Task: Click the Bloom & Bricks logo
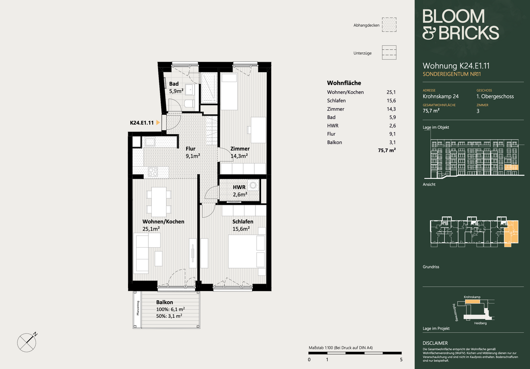click(x=460, y=24)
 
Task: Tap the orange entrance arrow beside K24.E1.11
click(x=158, y=123)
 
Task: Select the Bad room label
click(x=174, y=84)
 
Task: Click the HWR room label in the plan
click(x=239, y=187)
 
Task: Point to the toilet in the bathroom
click(x=189, y=103)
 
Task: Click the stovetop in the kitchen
click(x=153, y=172)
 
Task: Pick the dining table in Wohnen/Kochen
click(x=159, y=202)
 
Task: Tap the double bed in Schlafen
click(x=247, y=251)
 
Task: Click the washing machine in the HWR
click(x=253, y=185)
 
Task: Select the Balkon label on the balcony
click(x=165, y=302)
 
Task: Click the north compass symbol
click(x=27, y=342)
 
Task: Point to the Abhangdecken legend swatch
click(x=389, y=25)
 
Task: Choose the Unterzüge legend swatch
click(x=389, y=53)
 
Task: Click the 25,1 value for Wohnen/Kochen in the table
click(x=391, y=92)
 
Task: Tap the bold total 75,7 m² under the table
click(x=387, y=150)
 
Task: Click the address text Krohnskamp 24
click(x=441, y=96)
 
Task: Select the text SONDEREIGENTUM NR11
click(x=452, y=74)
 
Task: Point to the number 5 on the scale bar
click(x=401, y=359)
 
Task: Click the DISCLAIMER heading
click(x=435, y=343)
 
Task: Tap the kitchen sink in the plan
click(x=150, y=142)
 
